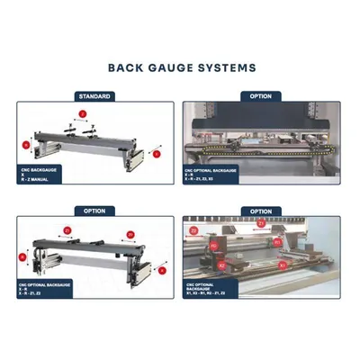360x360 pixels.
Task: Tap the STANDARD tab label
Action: tap(95, 95)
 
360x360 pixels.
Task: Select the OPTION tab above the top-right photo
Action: tap(260, 95)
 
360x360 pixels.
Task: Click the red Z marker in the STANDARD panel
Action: tap(81, 114)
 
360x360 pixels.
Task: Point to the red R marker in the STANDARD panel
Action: tap(24, 143)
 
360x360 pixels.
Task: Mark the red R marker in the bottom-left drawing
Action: tap(23, 257)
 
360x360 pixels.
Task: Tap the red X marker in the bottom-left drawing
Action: tap(161, 268)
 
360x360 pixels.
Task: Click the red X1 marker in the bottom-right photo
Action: tap(283, 265)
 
